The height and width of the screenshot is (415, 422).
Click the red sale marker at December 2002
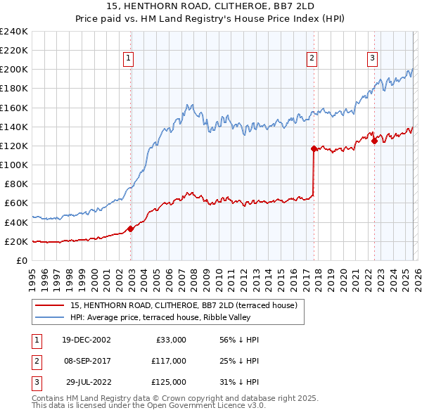click(131, 229)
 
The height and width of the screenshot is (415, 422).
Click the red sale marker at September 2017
click(314, 148)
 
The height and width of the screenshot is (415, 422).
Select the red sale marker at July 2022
click(374, 141)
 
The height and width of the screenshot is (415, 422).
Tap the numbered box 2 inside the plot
click(312, 59)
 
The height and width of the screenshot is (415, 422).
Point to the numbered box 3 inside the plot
click(372, 59)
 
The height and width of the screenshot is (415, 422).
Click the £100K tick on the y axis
click(14, 165)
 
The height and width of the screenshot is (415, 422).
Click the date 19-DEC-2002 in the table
click(87, 339)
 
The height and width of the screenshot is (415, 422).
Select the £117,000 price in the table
click(168, 361)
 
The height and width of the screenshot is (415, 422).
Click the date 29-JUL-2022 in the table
click(88, 382)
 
